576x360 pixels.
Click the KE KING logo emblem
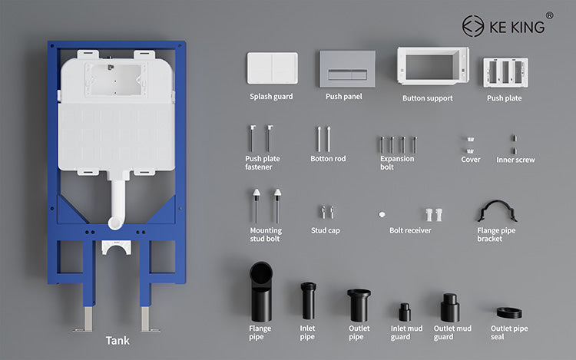[x=473, y=26]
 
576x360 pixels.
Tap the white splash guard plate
[x=272, y=68]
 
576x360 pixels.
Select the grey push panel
[x=347, y=69]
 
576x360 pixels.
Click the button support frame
[x=432, y=66]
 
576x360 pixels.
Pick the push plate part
[x=505, y=72]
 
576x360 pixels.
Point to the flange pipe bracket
[x=497, y=211]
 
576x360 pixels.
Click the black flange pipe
[x=261, y=292]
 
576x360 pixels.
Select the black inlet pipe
[x=308, y=301]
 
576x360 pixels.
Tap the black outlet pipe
[x=359, y=306]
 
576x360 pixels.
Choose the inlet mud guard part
[x=405, y=312]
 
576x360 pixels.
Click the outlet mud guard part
[x=449, y=308]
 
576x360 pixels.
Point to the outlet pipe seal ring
[x=509, y=312]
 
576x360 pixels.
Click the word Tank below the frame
[x=118, y=341]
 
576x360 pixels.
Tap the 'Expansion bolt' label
[x=397, y=163]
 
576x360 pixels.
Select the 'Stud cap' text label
[x=326, y=230]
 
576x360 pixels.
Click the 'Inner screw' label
[x=515, y=160]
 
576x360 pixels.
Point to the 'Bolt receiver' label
[x=410, y=230]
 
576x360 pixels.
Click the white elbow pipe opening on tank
[x=114, y=223]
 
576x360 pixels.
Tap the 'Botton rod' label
[x=328, y=159]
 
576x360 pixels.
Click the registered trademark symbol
[x=550, y=15]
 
